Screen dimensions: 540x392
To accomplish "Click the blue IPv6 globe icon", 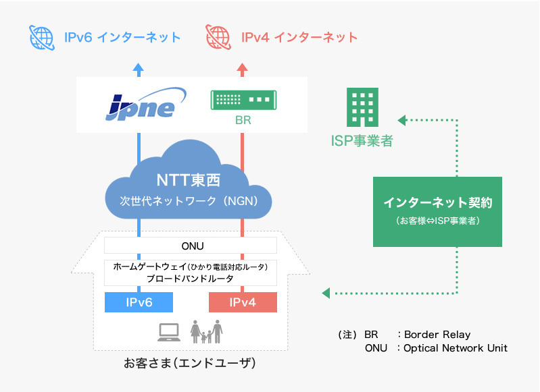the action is (x=42, y=38).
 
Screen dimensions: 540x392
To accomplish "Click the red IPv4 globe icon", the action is (x=218, y=37).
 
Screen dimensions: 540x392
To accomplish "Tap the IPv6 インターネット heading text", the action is (x=122, y=38).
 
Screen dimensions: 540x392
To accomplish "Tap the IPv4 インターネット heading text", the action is (x=299, y=38).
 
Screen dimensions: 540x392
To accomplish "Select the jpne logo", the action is (x=146, y=104).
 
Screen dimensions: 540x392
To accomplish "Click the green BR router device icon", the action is (x=243, y=100).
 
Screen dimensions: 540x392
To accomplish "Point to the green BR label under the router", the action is (x=243, y=120).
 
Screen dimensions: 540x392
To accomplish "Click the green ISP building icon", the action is (x=362, y=107).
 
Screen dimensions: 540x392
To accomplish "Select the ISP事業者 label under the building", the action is (x=362, y=140).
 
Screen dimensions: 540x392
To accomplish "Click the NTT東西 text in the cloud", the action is (x=189, y=180).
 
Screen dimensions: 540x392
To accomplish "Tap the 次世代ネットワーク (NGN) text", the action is (x=189, y=201).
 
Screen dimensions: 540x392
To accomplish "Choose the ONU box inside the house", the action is (x=191, y=246).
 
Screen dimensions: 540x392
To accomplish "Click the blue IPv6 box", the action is (x=139, y=302).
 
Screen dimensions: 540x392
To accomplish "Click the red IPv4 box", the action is (x=243, y=302).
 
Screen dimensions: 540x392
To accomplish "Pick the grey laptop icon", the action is (x=169, y=332).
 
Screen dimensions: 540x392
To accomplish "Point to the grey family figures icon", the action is (x=206, y=331).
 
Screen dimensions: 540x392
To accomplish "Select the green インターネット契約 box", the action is (x=437, y=211).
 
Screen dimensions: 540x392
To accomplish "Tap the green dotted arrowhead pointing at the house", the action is (x=326, y=293).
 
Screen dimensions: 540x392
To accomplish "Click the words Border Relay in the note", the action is (x=437, y=335).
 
